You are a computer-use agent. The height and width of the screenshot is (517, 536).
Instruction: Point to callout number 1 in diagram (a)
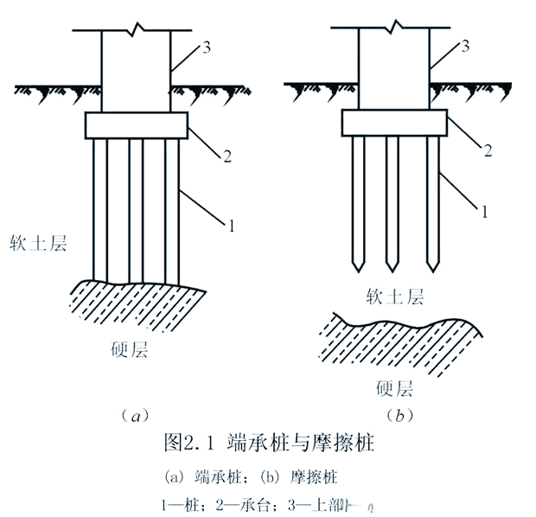(232, 227)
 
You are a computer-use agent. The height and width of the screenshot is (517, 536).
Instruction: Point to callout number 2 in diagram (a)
(227, 157)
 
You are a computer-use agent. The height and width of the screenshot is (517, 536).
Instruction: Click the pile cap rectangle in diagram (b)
(394, 123)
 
